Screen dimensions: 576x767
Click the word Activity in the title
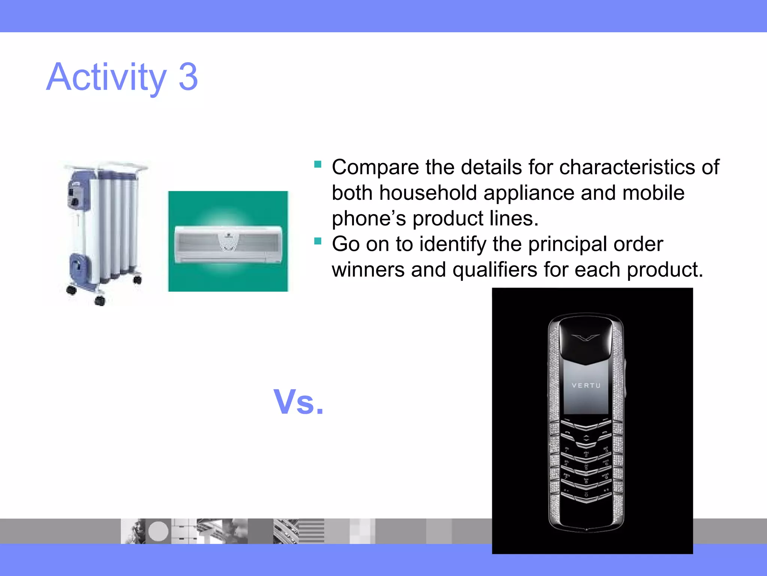(106, 77)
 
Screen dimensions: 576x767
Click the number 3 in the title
(188, 77)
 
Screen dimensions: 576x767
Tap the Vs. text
(298, 402)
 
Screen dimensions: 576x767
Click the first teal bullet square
(318, 164)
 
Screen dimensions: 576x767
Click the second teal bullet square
(318, 241)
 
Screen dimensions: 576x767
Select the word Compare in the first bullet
(375, 167)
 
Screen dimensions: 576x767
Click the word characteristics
(627, 167)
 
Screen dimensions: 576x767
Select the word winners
(368, 270)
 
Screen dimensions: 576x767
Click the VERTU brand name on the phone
(586, 385)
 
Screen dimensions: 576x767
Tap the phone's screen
(586, 390)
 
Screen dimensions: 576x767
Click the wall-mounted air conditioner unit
(228, 244)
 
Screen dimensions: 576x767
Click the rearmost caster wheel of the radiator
(137, 279)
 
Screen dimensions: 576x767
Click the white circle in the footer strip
(158, 531)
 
